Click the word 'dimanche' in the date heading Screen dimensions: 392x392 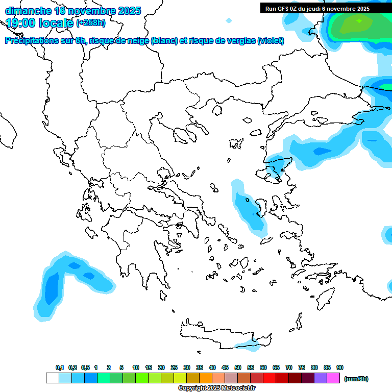(x=28, y=11)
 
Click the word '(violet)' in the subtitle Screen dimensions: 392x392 (x=271, y=41)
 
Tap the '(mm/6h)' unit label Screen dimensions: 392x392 (x=356, y=379)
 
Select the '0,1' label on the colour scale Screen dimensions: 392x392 (x=60, y=367)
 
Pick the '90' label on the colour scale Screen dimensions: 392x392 (x=340, y=367)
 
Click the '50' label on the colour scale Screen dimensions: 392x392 (x=238, y=367)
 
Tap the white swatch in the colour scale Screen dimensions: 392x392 (x=52, y=378)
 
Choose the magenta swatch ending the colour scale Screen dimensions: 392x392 (x=333, y=378)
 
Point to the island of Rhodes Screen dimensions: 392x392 (x=325, y=298)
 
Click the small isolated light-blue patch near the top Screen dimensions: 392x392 (x=229, y=20)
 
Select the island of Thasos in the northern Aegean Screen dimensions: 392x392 (x=216, y=110)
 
